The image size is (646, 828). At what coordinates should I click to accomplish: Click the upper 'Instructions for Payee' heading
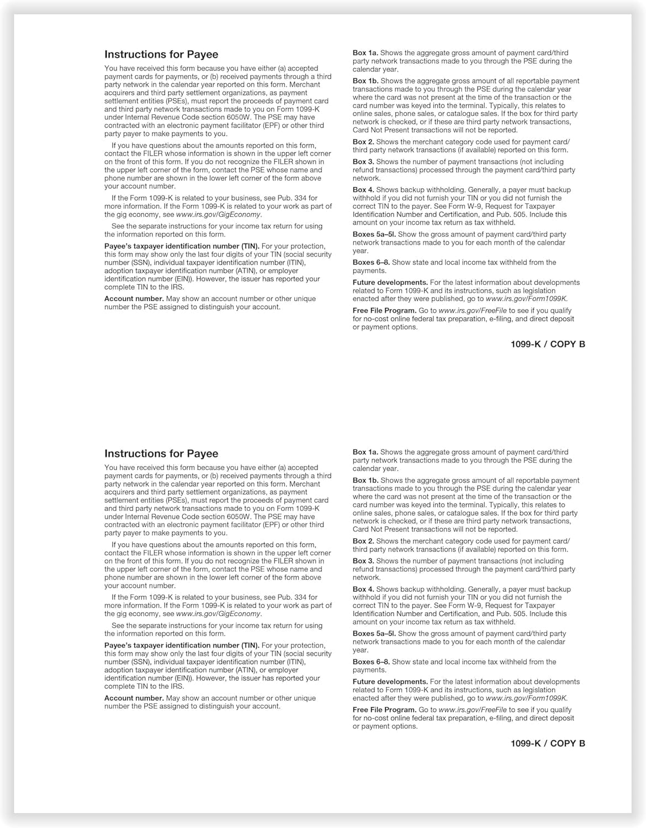(x=161, y=55)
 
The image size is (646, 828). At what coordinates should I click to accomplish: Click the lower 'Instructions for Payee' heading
(x=161, y=454)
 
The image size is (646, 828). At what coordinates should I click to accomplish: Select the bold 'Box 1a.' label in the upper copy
(x=366, y=53)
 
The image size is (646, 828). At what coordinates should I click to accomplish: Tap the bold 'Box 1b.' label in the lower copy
(x=366, y=480)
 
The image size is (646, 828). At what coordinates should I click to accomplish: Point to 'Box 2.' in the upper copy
(x=363, y=142)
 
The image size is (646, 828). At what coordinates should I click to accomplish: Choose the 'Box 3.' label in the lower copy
(x=363, y=561)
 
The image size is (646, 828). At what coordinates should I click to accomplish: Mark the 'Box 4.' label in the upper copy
(x=363, y=190)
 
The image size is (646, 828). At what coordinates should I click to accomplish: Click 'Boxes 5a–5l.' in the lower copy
(x=374, y=634)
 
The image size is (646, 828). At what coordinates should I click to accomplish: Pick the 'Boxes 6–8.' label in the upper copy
(x=371, y=263)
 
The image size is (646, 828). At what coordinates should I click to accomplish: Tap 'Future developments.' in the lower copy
(x=390, y=682)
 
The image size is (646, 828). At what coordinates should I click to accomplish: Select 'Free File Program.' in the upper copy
(x=384, y=311)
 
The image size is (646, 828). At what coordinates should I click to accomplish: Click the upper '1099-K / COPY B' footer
(x=548, y=344)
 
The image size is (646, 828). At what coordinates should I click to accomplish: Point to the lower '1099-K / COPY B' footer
(x=548, y=744)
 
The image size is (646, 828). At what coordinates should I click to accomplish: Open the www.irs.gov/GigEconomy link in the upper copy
(x=218, y=215)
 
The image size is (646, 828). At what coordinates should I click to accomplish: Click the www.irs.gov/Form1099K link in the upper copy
(x=526, y=299)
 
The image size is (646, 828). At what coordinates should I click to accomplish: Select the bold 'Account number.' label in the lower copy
(x=134, y=698)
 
